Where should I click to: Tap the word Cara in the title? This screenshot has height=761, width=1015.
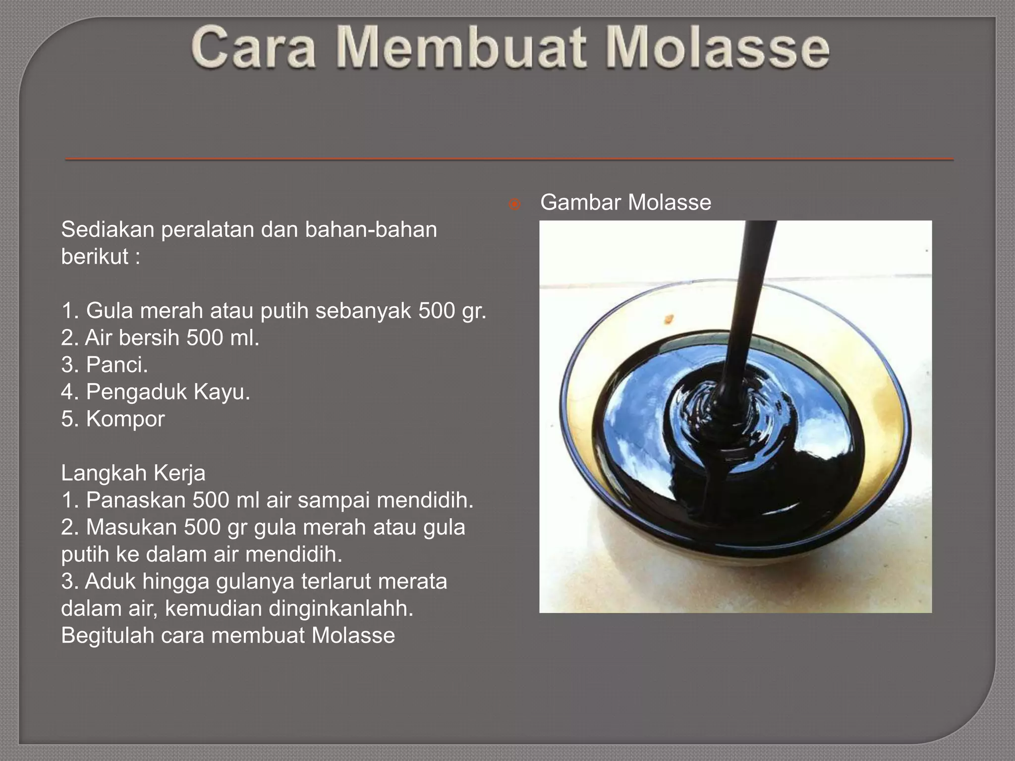coord(253,48)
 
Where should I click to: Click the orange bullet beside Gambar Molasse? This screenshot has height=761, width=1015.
coord(515,204)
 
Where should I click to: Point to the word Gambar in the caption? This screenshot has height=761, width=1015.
coord(580,202)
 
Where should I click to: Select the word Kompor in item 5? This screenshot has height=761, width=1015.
coord(125,419)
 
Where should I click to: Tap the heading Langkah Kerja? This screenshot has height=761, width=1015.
coord(133,473)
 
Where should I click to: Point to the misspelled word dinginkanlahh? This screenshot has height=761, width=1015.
coord(340,608)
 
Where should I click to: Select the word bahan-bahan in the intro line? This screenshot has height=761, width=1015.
coord(371,229)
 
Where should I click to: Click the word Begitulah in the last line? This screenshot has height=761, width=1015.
coord(108,636)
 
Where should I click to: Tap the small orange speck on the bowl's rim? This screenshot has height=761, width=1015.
coord(670,319)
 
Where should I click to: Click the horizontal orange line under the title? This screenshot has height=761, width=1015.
coord(509,159)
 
